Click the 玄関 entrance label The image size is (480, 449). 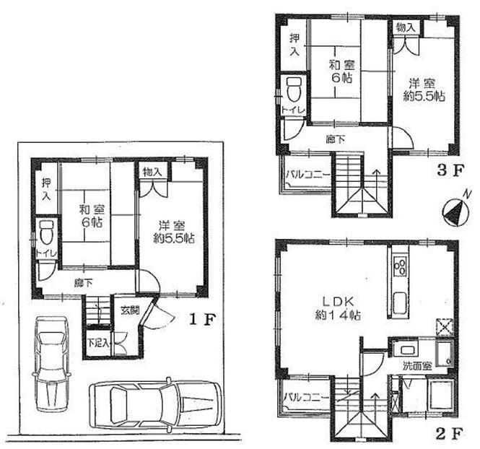[x=131, y=311]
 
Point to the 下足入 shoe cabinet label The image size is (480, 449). [x=99, y=343]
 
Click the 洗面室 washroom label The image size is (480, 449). [x=417, y=366]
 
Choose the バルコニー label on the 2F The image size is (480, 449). [x=306, y=397]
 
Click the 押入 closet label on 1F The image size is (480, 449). [x=45, y=189]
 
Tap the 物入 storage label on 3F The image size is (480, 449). [x=405, y=27]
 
